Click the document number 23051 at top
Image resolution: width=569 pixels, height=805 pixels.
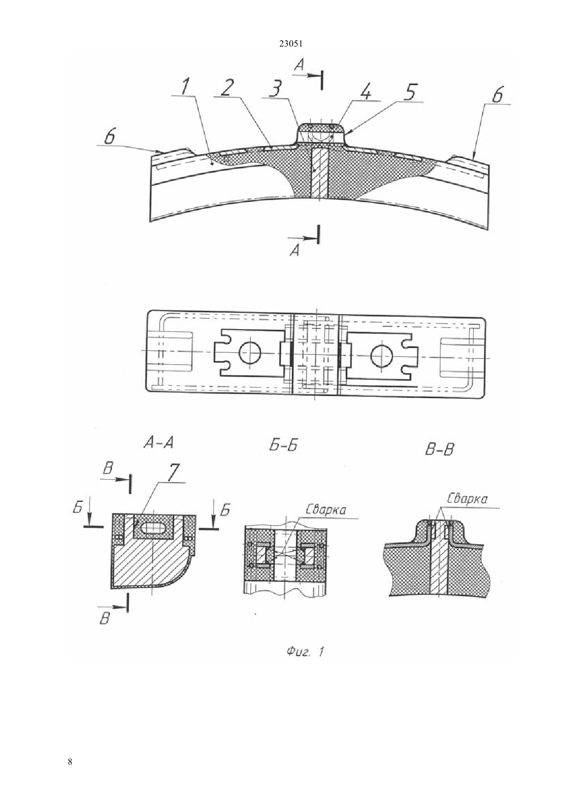pos(290,44)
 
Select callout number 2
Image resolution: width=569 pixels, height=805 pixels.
pos(227,87)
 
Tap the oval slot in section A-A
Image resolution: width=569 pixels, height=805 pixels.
pos(154,528)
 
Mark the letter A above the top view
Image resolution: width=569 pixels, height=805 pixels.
pos(299,65)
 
